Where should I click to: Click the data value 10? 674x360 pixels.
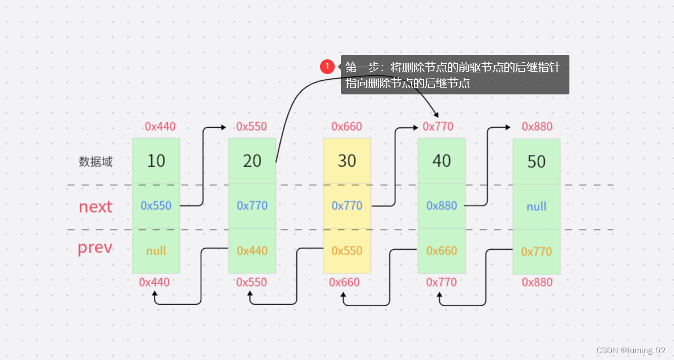156,161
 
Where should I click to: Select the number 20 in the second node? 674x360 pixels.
252,161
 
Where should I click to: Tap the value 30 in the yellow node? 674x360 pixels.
347,161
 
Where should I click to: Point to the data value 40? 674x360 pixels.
442,161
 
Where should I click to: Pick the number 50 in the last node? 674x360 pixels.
537,162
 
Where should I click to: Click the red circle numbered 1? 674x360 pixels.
327,67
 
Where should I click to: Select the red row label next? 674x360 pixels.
96,207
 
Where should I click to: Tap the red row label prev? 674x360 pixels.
95,248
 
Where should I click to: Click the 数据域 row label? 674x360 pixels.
96,162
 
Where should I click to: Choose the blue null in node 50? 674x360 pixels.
537,206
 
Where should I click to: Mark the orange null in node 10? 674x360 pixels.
156,251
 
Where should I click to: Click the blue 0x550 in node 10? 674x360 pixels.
156,206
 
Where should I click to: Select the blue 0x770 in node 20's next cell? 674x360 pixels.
252,206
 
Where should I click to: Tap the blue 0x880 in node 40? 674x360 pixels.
442,206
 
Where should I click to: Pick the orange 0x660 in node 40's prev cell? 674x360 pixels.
442,250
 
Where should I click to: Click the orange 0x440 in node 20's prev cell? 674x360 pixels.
252,250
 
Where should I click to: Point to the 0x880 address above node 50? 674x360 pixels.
537,126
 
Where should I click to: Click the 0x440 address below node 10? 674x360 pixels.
154,282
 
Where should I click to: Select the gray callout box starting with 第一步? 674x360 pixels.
455,75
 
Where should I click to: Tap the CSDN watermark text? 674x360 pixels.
630,350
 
